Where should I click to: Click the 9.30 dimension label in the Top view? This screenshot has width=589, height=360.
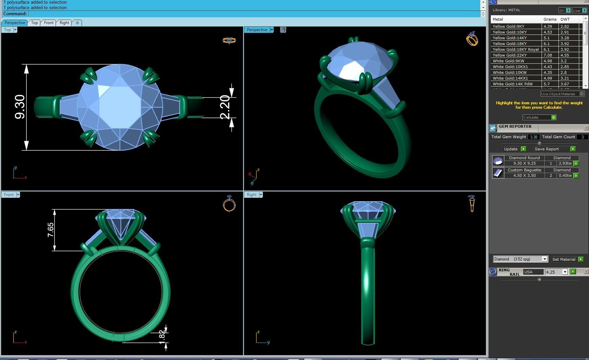coord(20,107)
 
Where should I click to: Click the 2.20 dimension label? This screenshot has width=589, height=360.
coord(225,107)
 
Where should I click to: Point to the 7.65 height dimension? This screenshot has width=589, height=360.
coord(50,230)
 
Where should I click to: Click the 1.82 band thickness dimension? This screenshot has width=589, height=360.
coord(162,335)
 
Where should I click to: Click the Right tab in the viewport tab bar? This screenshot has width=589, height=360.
coord(64,23)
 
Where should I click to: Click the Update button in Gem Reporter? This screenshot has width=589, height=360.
coord(511,149)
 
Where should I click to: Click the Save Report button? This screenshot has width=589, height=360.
coord(547,149)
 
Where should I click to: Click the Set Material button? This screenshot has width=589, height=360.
coord(564,259)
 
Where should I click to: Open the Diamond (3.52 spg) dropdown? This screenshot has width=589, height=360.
coord(544,259)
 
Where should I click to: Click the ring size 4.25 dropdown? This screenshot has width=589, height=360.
coord(564,272)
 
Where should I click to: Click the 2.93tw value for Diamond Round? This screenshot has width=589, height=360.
coord(565,163)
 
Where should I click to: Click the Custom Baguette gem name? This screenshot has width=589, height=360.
coord(524,170)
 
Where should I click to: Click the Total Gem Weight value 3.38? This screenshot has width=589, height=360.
coord(533,137)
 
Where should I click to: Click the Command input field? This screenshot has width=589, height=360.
coord(254,14)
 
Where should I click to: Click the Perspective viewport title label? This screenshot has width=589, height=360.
coord(257,30)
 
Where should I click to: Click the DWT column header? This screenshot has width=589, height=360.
coord(565,19)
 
